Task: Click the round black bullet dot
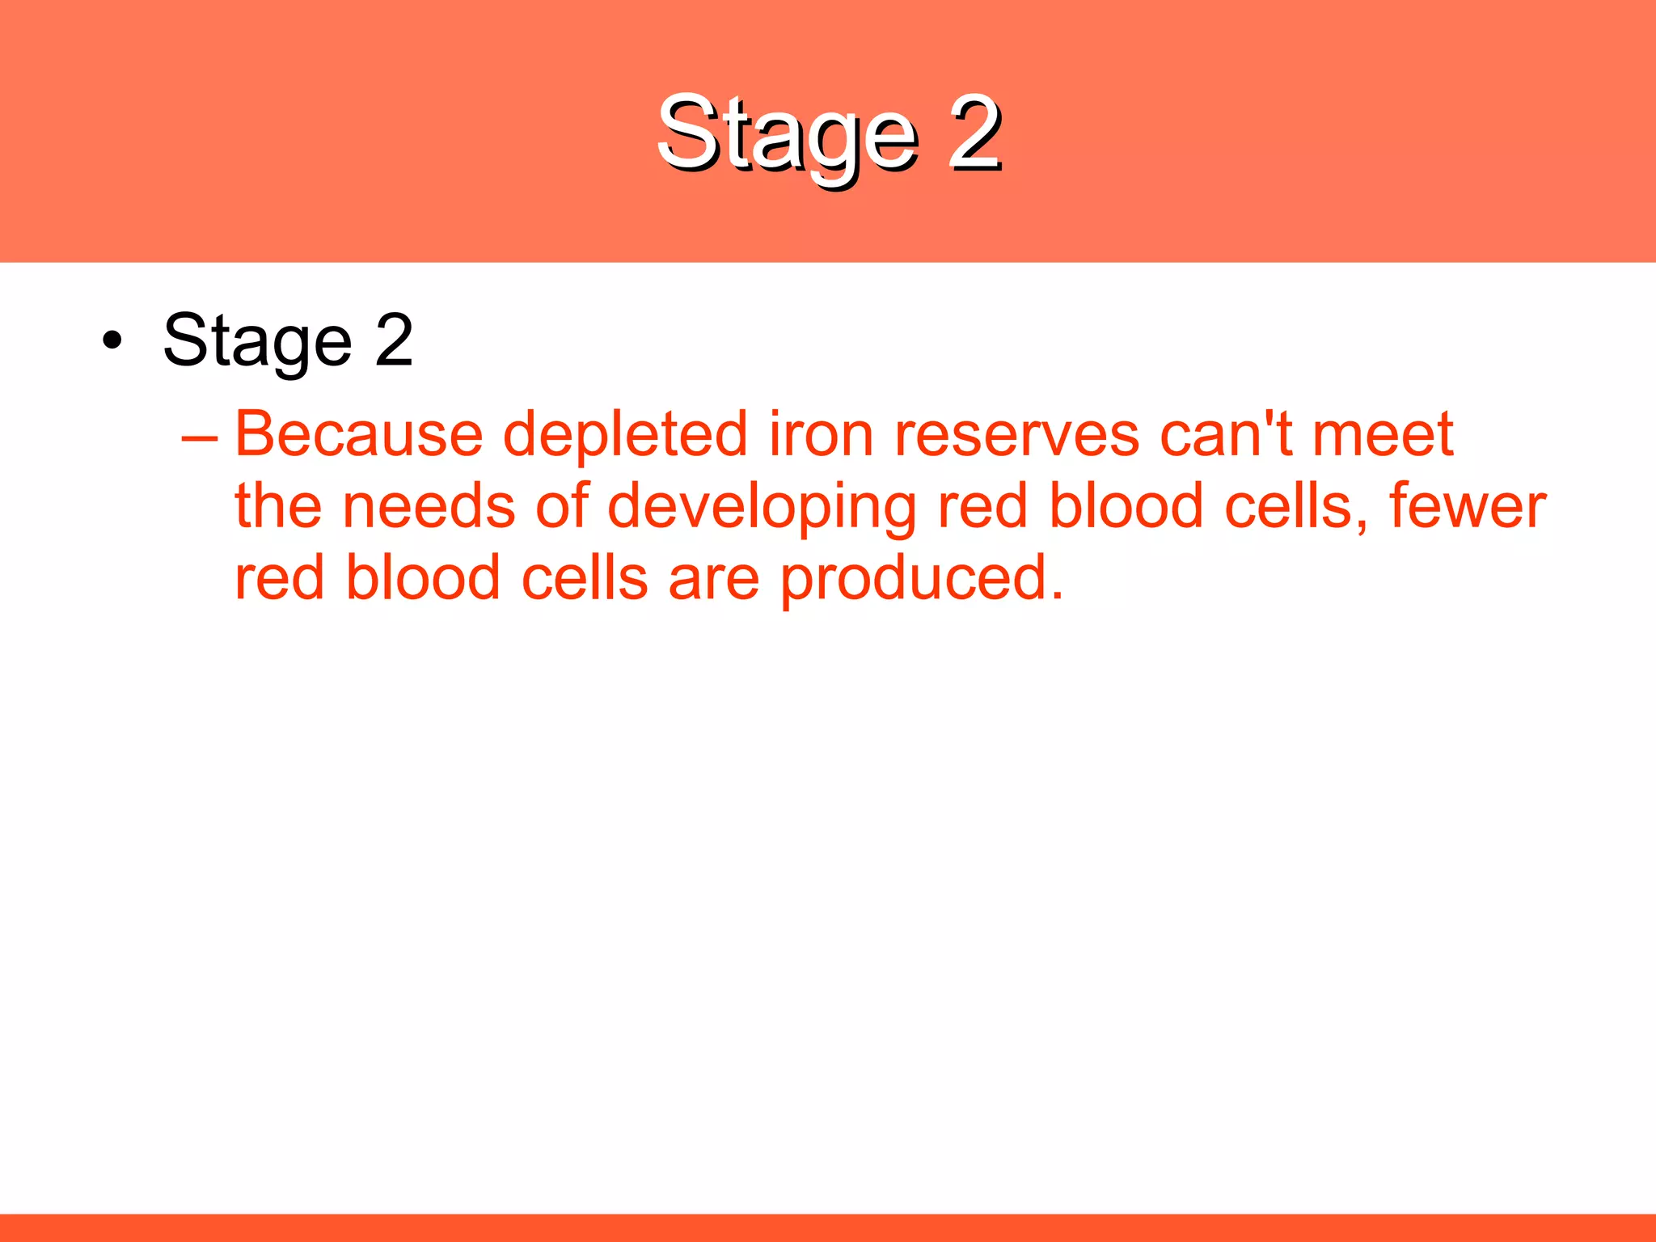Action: (x=112, y=340)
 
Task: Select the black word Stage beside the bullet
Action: (x=257, y=342)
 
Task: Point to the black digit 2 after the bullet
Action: (x=394, y=340)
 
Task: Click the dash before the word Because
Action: (x=200, y=437)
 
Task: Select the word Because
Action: (x=358, y=435)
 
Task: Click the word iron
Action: (x=821, y=435)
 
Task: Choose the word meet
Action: (x=1383, y=435)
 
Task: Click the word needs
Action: (x=429, y=507)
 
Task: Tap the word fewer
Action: (x=1467, y=506)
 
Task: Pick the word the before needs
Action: (x=278, y=506)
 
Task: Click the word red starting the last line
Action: (x=279, y=579)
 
